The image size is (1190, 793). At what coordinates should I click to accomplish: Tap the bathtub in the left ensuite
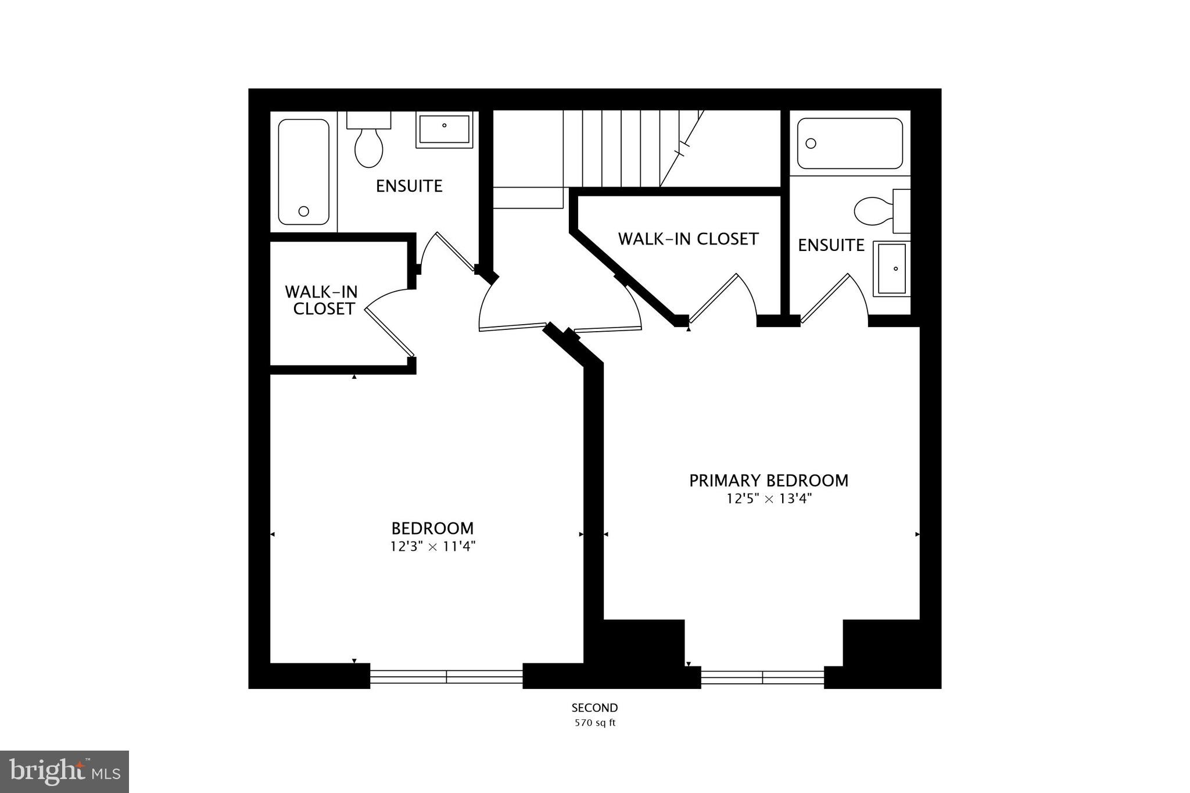pyautogui.click(x=303, y=172)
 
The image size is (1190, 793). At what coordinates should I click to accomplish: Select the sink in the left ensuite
pyautogui.click(x=445, y=130)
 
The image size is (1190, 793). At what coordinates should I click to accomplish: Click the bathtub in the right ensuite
pyautogui.click(x=850, y=143)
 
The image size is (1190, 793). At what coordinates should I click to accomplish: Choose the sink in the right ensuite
pyautogui.click(x=892, y=268)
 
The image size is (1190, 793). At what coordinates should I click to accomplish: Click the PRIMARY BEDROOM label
pyautogui.click(x=768, y=480)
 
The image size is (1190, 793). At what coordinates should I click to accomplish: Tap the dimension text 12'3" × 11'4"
pyautogui.click(x=433, y=546)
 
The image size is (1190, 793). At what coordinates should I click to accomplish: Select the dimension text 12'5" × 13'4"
pyautogui.click(x=768, y=498)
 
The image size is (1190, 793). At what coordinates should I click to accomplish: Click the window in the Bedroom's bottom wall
pyautogui.click(x=446, y=676)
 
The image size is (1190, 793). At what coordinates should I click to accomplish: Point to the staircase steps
pyautogui.click(x=622, y=148)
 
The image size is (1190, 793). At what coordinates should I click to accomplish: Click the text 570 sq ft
pyautogui.click(x=594, y=723)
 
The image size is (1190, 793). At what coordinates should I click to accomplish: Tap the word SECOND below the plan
pyautogui.click(x=594, y=708)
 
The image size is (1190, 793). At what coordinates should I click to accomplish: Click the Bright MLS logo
pyautogui.click(x=64, y=772)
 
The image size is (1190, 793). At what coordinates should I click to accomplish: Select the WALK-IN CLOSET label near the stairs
pyautogui.click(x=688, y=239)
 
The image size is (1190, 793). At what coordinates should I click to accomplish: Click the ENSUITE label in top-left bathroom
pyautogui.click(x=409, y=186)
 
